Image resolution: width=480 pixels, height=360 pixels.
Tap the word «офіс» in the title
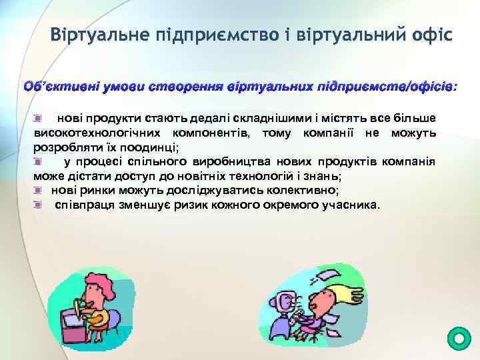pos(427,33)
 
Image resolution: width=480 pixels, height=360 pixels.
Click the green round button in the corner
pos(457,339)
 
